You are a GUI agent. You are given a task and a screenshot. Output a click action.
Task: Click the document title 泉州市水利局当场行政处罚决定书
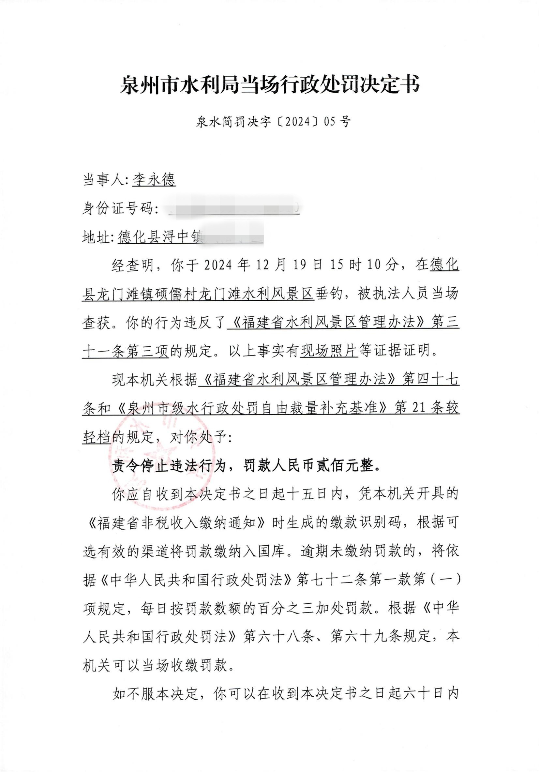(269, 85)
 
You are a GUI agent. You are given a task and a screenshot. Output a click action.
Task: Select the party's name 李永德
(154, 180)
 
